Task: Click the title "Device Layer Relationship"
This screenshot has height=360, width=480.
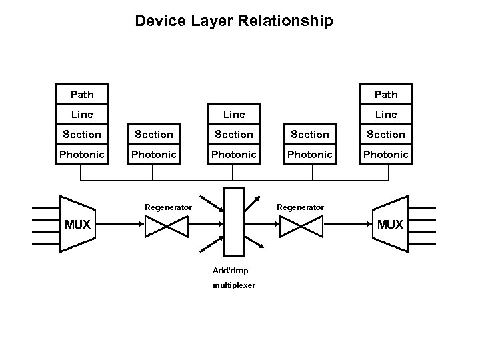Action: click(x=233, y=21)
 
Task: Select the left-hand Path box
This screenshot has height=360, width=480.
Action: click(x=82, y=94)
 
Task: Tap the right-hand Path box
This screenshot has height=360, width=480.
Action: click(x=386, y=94)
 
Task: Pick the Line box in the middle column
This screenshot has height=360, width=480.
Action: click(x=234, y=114)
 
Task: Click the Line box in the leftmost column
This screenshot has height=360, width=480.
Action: click(x=82, y=114)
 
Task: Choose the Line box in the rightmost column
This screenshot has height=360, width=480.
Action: click(x=386, y=114)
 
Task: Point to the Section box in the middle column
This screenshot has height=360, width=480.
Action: click(x=234, y=134)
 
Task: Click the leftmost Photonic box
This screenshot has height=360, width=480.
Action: click(x=82, y=154)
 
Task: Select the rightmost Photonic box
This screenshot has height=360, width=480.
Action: click(x=386, y=154)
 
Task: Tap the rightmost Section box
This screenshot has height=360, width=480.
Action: click(x=386, y=134)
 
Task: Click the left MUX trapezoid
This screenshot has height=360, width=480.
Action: click(x=77, y=224)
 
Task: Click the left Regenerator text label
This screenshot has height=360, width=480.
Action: click(x=168, y=207)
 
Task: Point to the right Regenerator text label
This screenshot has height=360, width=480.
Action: click(x=301, y=207)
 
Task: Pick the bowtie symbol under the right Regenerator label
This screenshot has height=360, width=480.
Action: click(x=301, y=228)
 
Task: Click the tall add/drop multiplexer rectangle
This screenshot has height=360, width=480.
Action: click(x=234, y=222)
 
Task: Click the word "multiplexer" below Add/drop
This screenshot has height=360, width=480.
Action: click(x=233, y=285)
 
